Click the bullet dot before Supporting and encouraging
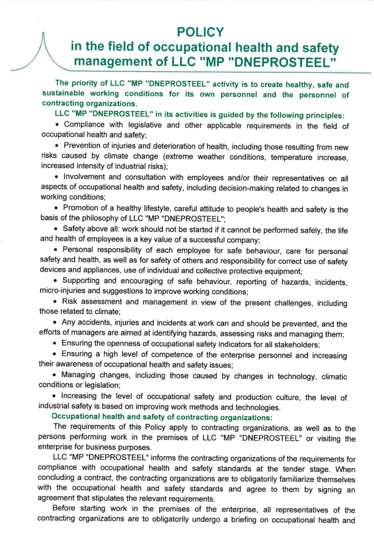click(55, 281)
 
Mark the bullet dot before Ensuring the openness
click(55, 343)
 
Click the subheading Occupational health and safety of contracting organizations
click(162, 417)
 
